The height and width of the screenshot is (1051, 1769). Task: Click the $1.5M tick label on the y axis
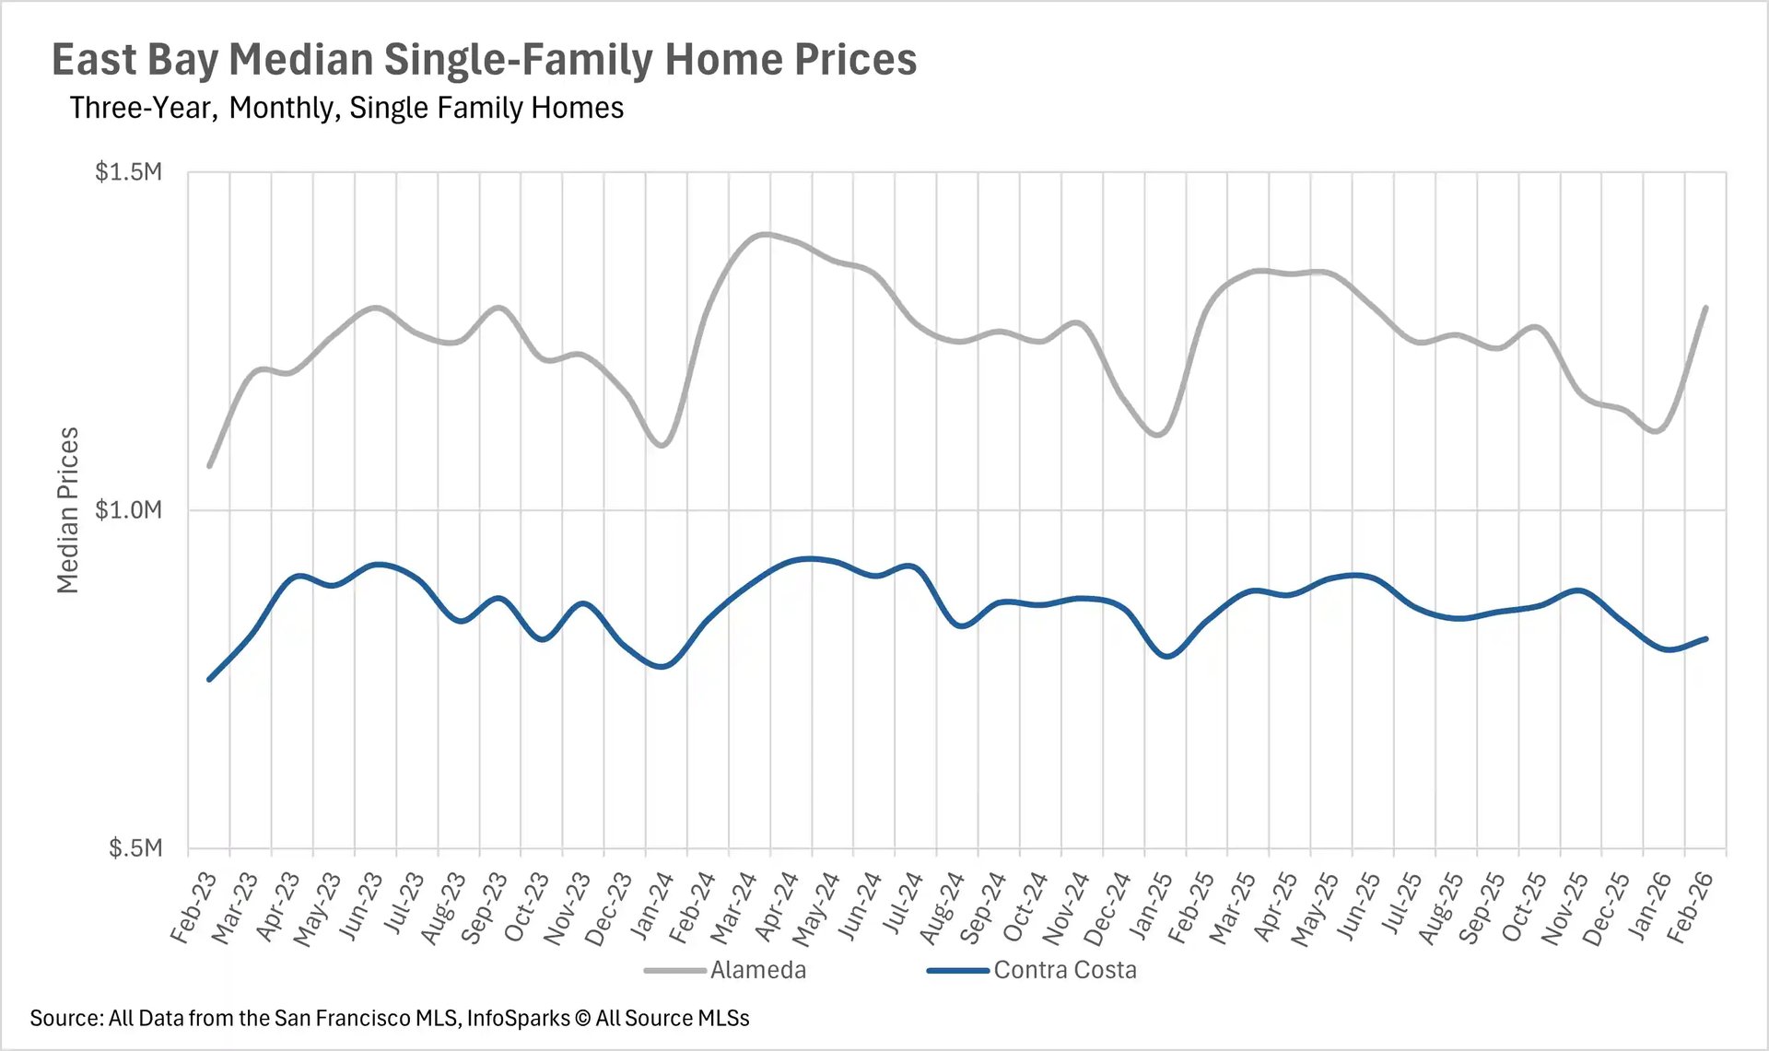coord(128,172)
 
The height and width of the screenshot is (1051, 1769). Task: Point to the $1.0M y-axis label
coord(128,509)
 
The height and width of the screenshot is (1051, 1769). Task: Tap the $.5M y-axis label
coord(135,847)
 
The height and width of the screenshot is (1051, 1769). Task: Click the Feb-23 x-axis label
coord(194,907)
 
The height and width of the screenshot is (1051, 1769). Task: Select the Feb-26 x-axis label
coord(1691,907)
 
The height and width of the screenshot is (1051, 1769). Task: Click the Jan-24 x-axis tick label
coord(651,907)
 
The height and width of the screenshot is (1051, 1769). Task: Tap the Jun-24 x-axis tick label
coord(860,907)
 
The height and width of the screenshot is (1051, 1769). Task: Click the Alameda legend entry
coord(757,970)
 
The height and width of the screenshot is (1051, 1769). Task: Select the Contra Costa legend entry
coord(1064,970)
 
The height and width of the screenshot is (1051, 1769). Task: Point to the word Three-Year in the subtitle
coord(141,108)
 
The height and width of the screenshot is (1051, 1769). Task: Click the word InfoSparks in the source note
coord(518,1018)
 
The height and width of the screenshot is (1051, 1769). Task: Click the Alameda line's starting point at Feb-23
coord(210,466)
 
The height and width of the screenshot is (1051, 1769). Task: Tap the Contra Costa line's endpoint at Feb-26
coord(1706,638)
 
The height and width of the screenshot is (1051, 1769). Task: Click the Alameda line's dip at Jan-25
coord(1159,434)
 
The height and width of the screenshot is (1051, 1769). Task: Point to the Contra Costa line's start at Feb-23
coord(210,680)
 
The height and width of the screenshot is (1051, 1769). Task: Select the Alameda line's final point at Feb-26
coord(1706,308)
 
